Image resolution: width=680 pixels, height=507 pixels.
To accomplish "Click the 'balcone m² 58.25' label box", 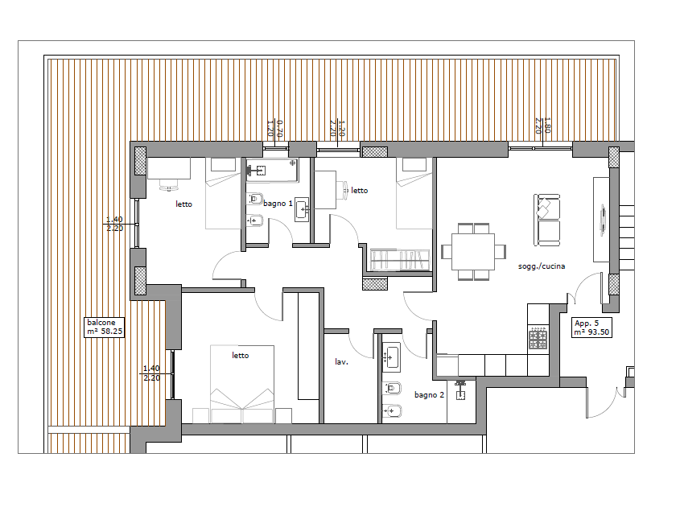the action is (x=104, y=327).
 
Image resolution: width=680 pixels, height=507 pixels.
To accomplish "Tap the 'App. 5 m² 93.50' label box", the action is (x=591, y=328).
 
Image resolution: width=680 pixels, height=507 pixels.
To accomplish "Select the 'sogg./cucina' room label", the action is (x=542, y=266).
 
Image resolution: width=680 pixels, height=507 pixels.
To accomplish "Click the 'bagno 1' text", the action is (x=278, y=203).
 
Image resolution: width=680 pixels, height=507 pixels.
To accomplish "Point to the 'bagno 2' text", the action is (x=429, y=394).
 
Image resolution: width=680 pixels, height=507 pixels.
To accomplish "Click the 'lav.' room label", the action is (x=341, y=361).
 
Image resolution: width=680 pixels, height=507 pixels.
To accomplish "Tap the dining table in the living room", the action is (x=473, y=252).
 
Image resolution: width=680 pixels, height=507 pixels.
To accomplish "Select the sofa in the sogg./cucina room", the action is (x=546, y=220).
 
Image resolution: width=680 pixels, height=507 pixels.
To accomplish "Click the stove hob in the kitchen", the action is (x=538, y=338).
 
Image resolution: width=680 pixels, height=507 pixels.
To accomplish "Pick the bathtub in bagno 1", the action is (x=272, y=170).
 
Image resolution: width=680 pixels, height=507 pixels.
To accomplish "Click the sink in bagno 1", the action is (x=302, y=210).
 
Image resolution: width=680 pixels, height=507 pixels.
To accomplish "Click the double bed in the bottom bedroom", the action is (x=242, y=384).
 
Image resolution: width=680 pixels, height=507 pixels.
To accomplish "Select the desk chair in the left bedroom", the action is (x=169, y=186).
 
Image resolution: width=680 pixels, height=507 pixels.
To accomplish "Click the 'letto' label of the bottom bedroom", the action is (x=241, y=356).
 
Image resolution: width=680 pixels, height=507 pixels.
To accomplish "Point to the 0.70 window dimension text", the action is (x=279, y=129).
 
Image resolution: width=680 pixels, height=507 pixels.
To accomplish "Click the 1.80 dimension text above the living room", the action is (x=547, y=125).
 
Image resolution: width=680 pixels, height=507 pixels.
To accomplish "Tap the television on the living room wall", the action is (x=603, y=221).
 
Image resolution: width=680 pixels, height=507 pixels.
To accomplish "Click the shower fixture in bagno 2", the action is (x=460, y=390).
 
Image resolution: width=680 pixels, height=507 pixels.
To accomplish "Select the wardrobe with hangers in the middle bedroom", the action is (x=400, y=259).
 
